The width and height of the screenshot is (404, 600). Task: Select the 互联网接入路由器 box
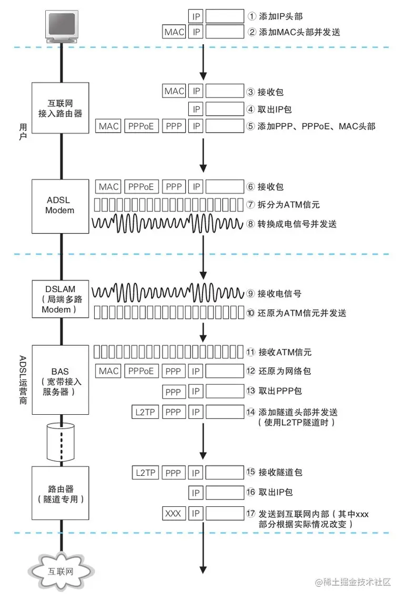[60, 106]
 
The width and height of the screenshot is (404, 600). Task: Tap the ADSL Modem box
[60, 206]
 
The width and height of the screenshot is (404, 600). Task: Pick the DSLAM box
[60, 299]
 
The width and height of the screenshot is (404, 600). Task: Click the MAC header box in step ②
[174, 32]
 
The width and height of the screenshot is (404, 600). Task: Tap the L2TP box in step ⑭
[145, 412]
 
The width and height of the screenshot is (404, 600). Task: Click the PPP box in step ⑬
[173, 392]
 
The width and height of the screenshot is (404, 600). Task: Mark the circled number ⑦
[251, 205]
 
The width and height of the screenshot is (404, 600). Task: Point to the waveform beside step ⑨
[168, 292]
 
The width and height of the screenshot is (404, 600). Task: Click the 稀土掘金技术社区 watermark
[353, 582]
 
